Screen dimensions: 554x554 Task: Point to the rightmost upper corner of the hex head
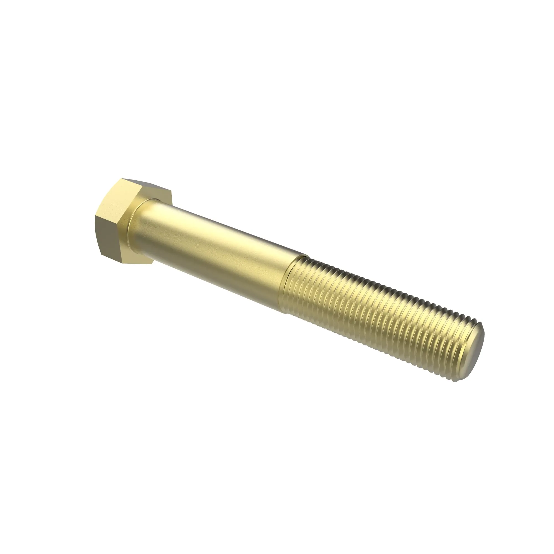(x=171, y=193)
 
